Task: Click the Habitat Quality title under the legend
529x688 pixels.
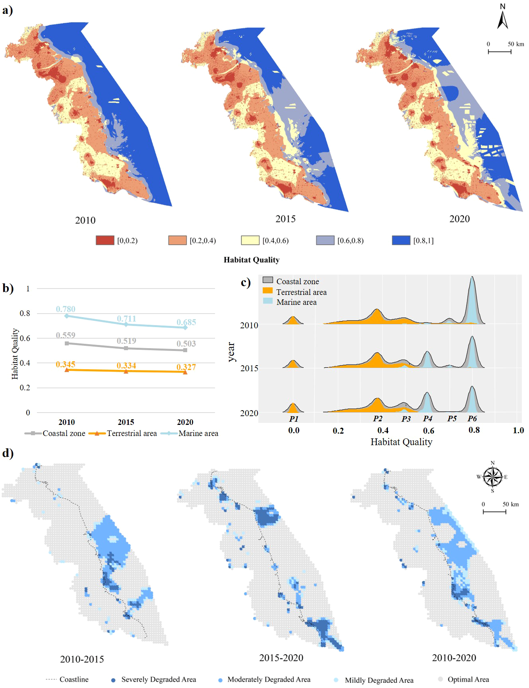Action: [252, 260]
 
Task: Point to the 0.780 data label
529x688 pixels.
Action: [66, 309]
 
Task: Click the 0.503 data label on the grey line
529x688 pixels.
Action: [186, 344]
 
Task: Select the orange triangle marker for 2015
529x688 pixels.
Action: [126, 372]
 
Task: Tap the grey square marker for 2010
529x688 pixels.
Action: [67, 343]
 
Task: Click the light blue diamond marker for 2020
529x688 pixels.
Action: [185, 328]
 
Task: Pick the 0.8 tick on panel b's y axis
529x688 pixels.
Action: [25, 314]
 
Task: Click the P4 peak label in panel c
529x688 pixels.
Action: [428, 419]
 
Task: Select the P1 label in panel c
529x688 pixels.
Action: [294, 419]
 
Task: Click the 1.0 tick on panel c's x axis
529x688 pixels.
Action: [518, 430]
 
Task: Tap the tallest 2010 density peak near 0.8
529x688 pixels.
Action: [472, 278]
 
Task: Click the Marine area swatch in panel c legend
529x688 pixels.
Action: [268, 301]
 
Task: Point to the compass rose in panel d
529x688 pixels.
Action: [492, 477]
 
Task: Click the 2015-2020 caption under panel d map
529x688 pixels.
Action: [281, 658]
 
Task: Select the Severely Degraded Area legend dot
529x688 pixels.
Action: [113, 680]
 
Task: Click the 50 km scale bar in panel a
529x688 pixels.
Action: [500, 52]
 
